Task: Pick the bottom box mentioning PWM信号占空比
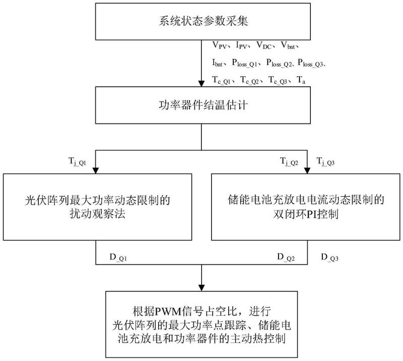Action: tap(201, 323)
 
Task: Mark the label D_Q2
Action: tap(285, 258)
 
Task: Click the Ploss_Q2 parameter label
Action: tap(280, 63)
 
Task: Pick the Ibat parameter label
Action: tap(219, 63)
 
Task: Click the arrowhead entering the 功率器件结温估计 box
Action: tap(201, 85)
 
